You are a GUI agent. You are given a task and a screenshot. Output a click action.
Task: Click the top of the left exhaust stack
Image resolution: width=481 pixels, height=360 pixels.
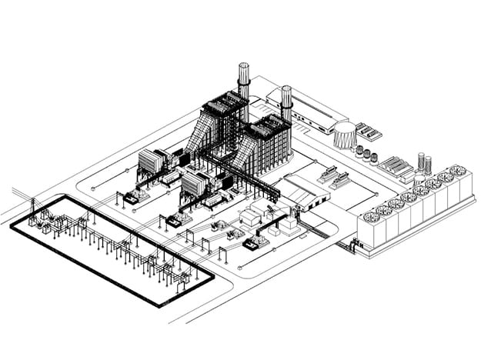245,65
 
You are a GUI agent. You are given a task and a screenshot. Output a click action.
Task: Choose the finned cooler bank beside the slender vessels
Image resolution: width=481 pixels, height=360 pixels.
397,166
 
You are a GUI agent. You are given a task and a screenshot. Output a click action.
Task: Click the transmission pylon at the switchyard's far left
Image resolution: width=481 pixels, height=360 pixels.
32,210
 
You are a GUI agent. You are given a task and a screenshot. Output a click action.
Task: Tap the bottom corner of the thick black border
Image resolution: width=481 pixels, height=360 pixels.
161,305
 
